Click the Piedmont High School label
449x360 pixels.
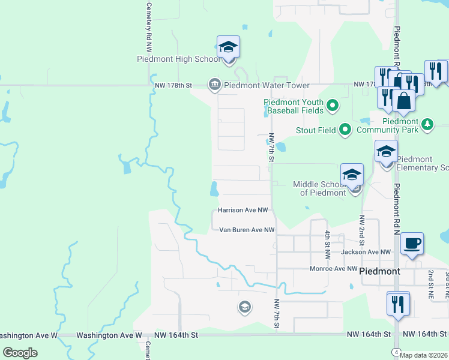click(179, 59)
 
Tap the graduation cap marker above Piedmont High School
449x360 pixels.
click(228, 46)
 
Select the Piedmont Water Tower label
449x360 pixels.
click(259, 85)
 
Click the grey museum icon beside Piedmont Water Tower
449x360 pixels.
click(214, 85)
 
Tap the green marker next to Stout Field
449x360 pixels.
click(345, 129)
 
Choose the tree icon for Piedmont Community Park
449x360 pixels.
click(427, 124)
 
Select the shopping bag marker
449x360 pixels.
click(404, 101)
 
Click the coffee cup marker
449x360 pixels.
click(412, 244)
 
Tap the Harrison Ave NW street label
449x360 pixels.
click(243, 211)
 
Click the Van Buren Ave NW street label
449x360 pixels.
click(247, 230)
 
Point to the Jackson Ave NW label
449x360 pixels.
click(366, 252)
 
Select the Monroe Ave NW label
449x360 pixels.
click(333, 269)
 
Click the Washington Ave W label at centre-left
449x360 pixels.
click(109, 335)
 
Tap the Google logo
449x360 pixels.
click(20, 353)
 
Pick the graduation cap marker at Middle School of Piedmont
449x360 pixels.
click(352, 175)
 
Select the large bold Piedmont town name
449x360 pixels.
click(379, 271)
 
